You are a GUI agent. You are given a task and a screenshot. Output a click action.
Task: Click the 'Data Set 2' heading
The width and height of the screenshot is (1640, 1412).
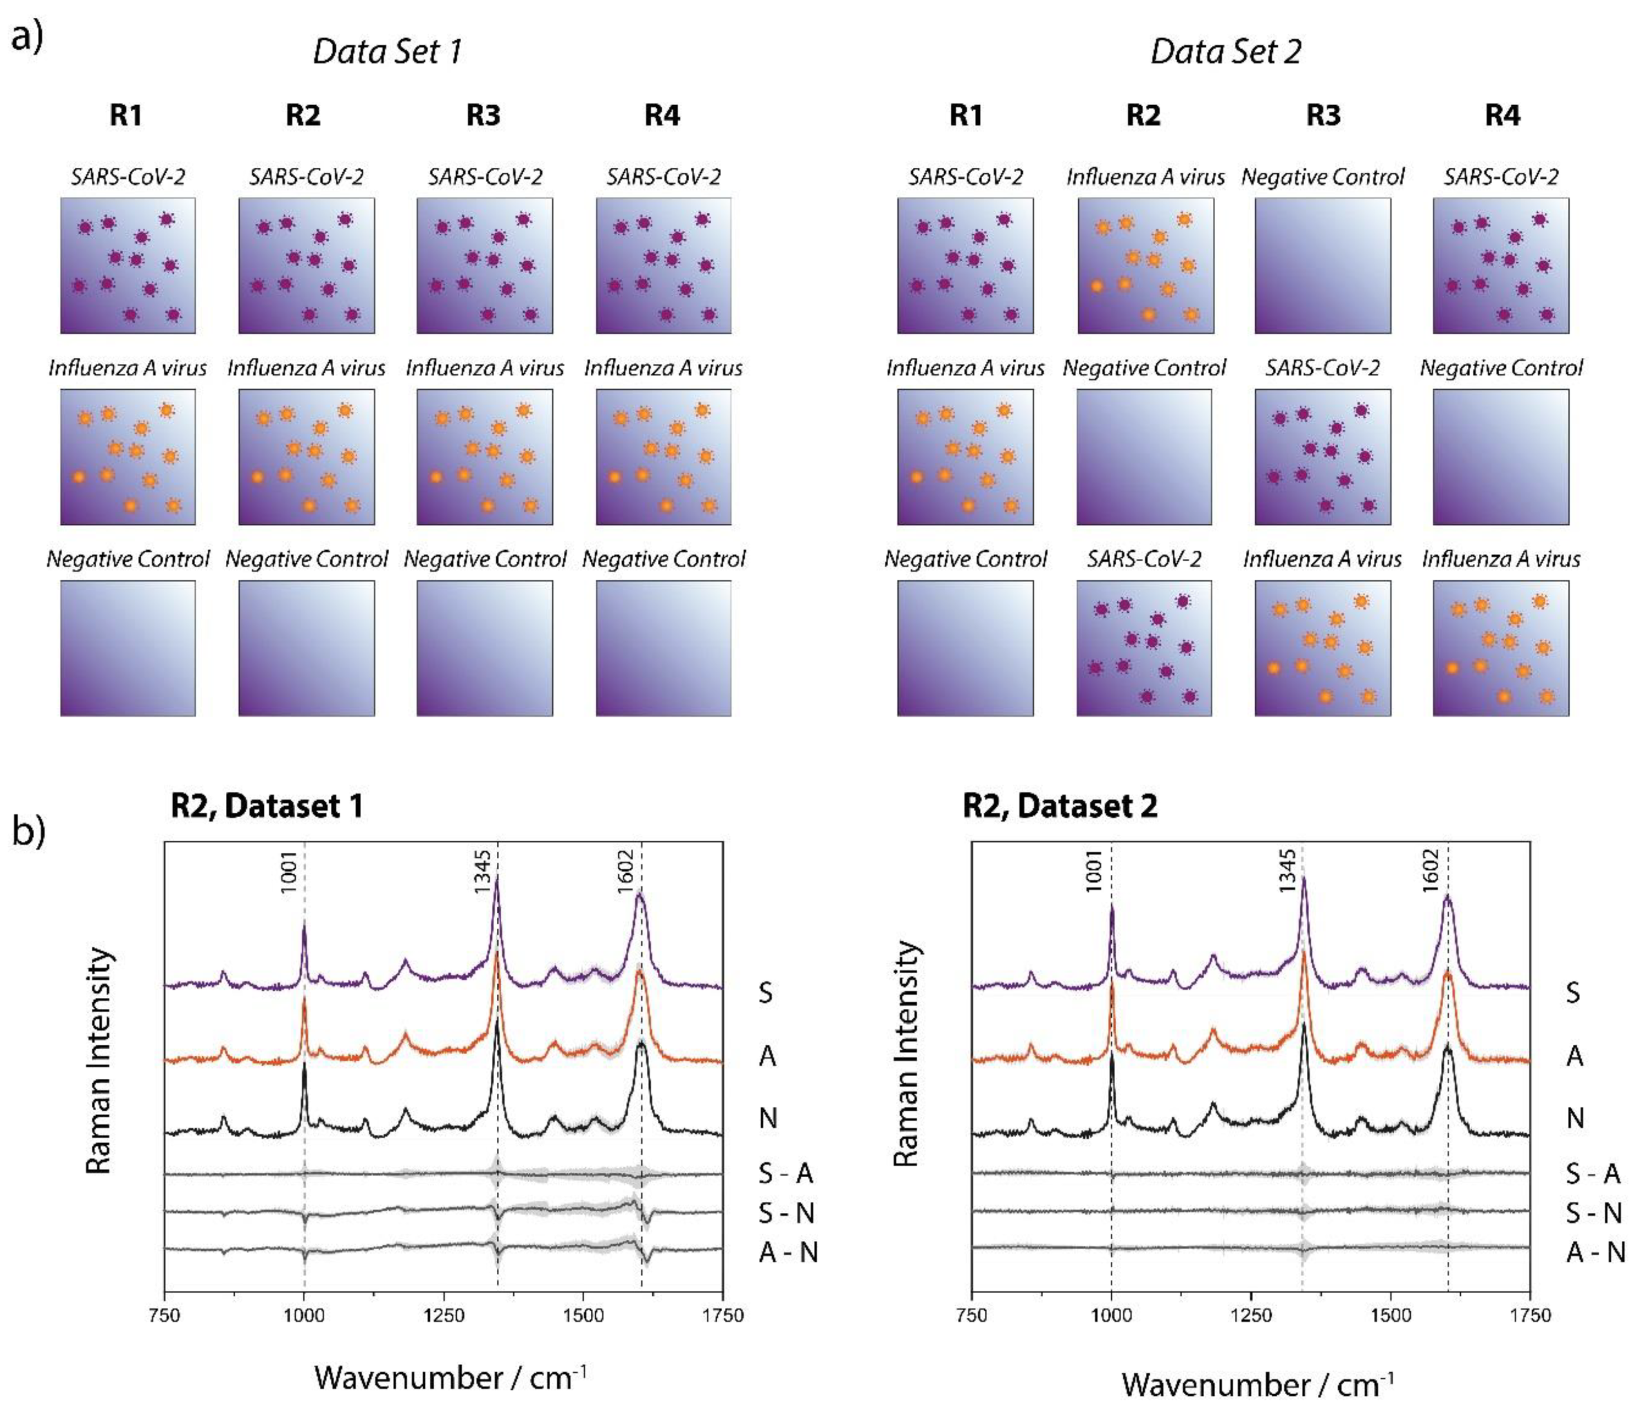point(1225,51)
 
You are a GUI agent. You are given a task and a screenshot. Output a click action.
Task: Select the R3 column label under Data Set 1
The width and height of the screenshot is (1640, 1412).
point(483,116)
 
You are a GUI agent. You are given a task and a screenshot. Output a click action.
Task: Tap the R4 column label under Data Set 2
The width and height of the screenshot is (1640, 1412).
point(1501,116)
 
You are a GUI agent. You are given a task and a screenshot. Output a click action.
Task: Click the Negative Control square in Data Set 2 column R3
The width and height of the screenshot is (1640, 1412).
point(1323,265)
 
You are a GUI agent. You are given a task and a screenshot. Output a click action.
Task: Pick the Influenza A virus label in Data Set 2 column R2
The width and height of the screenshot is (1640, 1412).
point(1145,177)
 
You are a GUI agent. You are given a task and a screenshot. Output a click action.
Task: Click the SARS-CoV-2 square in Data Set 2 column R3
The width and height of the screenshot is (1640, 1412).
point(1323,457)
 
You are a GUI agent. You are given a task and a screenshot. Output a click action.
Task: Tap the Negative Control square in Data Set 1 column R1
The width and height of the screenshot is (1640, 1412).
point(127,648)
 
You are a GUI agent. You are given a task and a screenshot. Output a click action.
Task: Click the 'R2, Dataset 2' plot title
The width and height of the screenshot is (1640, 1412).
point(1060,805)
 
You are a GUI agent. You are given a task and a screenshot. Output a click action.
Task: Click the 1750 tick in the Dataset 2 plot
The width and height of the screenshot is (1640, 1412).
point(1530,1315)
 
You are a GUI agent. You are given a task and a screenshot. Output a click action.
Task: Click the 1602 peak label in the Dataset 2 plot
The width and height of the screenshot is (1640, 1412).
point(1430,871)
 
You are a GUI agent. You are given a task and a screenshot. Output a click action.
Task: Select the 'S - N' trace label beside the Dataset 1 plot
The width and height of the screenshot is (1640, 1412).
point(786,1212)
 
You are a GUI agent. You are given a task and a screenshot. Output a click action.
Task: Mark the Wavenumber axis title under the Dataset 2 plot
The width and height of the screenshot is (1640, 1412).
point(1257,1384)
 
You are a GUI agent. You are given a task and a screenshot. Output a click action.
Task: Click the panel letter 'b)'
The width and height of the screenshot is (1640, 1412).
point(29,832)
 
